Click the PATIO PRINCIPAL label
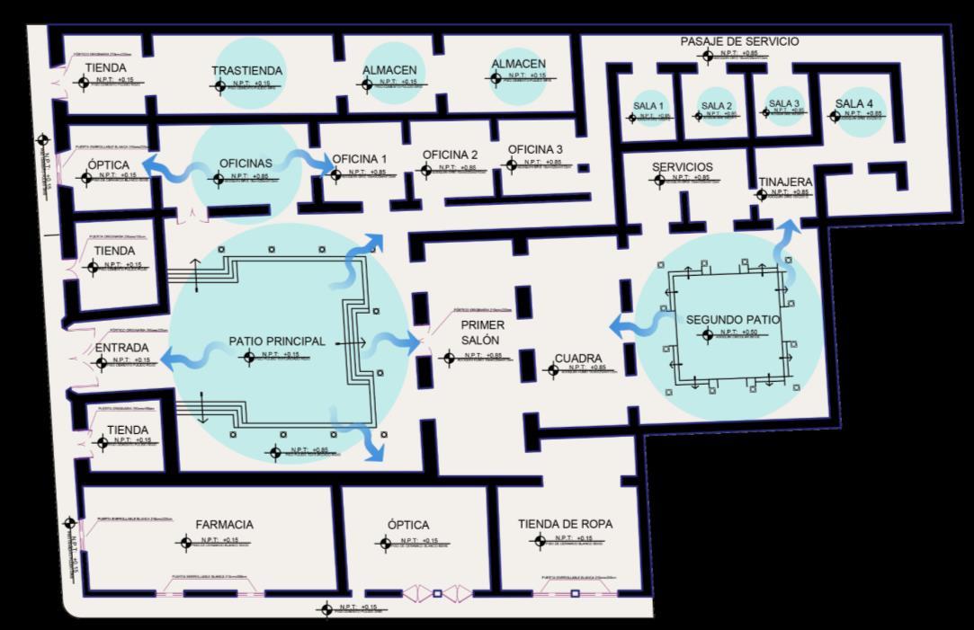click(x=276, y=342)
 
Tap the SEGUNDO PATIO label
click(x=733, y=320)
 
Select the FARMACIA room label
click(x=224, y=525)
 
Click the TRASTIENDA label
click(x=247, y=71)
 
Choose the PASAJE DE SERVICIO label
click(x=739, y=41)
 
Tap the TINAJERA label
click(x=784, y=182)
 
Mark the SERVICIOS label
click(x=683, y=167)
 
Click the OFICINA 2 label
click(x=451, y=155)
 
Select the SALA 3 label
click(x=784, y=103)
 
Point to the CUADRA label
click(x=577, y=359)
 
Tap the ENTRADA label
click(x=121, y=348)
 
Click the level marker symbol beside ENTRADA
click(x=101, y=362)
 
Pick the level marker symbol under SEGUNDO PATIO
click(x=709, y=335)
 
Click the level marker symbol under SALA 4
click(x=835, y=116)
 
